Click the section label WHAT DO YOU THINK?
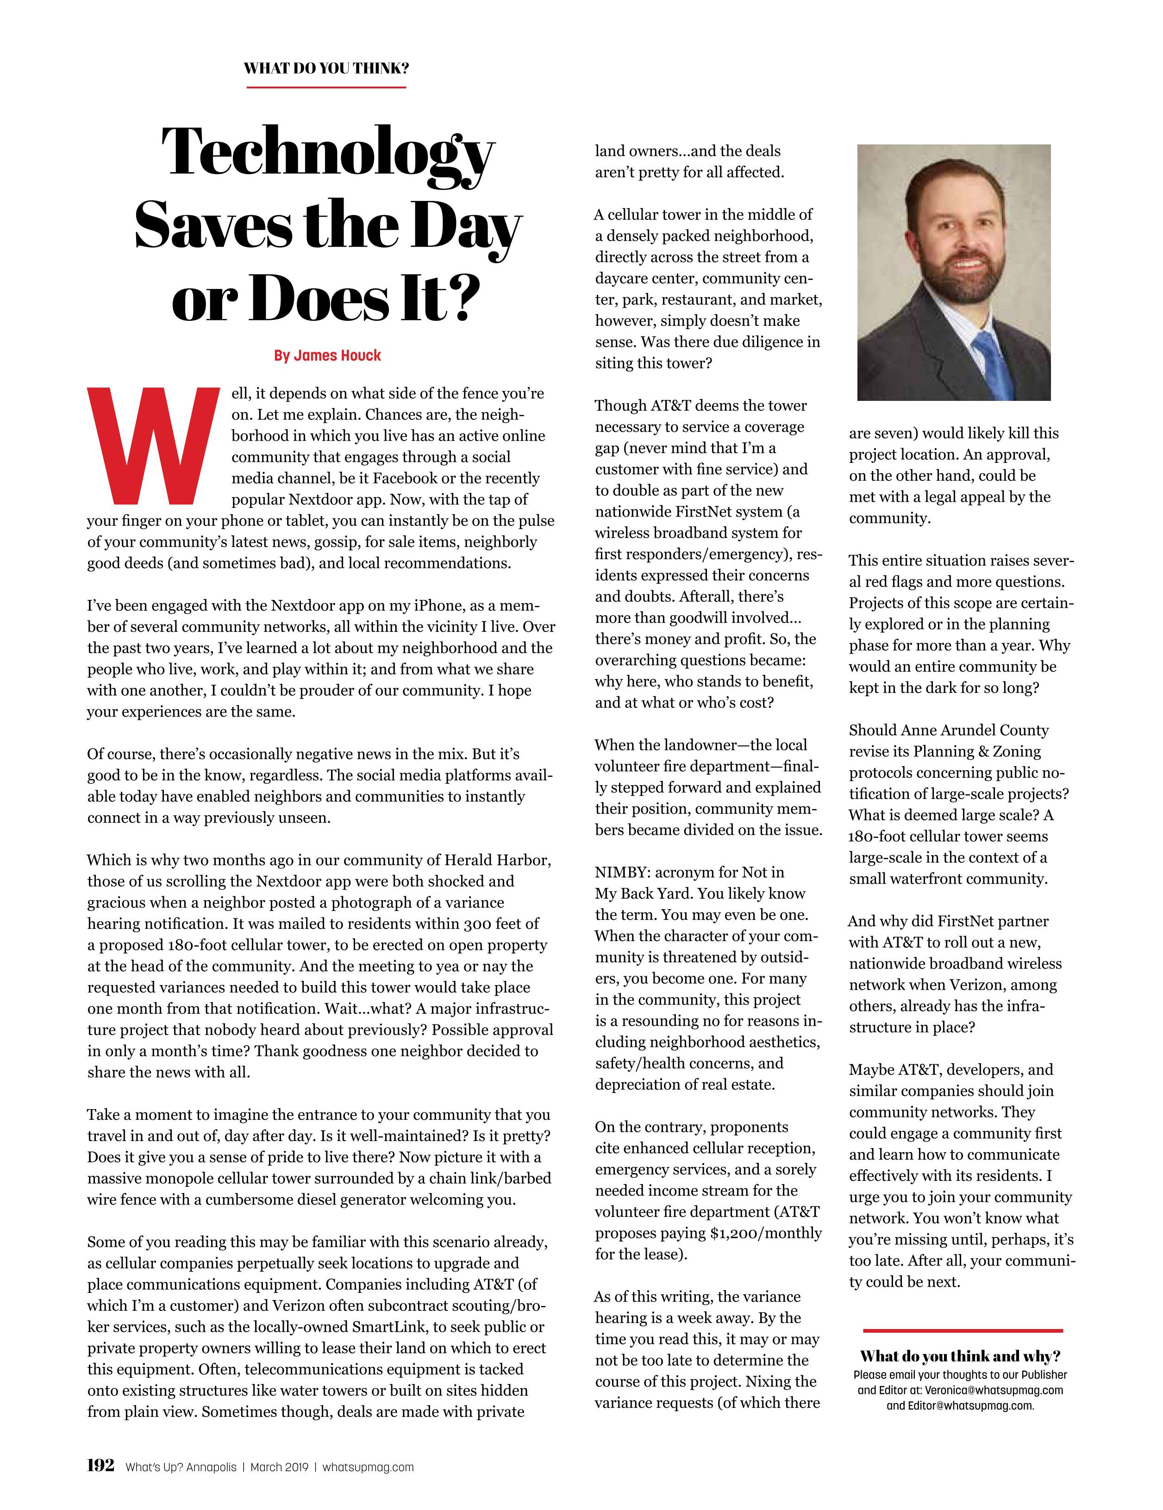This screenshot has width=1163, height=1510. tap(325, 69)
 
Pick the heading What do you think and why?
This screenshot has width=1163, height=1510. tap(960, 1356)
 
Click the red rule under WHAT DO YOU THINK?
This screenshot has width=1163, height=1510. tap(325, 87)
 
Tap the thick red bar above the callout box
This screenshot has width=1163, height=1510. tap(963, 1330)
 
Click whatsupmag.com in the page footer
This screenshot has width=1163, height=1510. tap(368, 1467)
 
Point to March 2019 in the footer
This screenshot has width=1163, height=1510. tap(279, 1467)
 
